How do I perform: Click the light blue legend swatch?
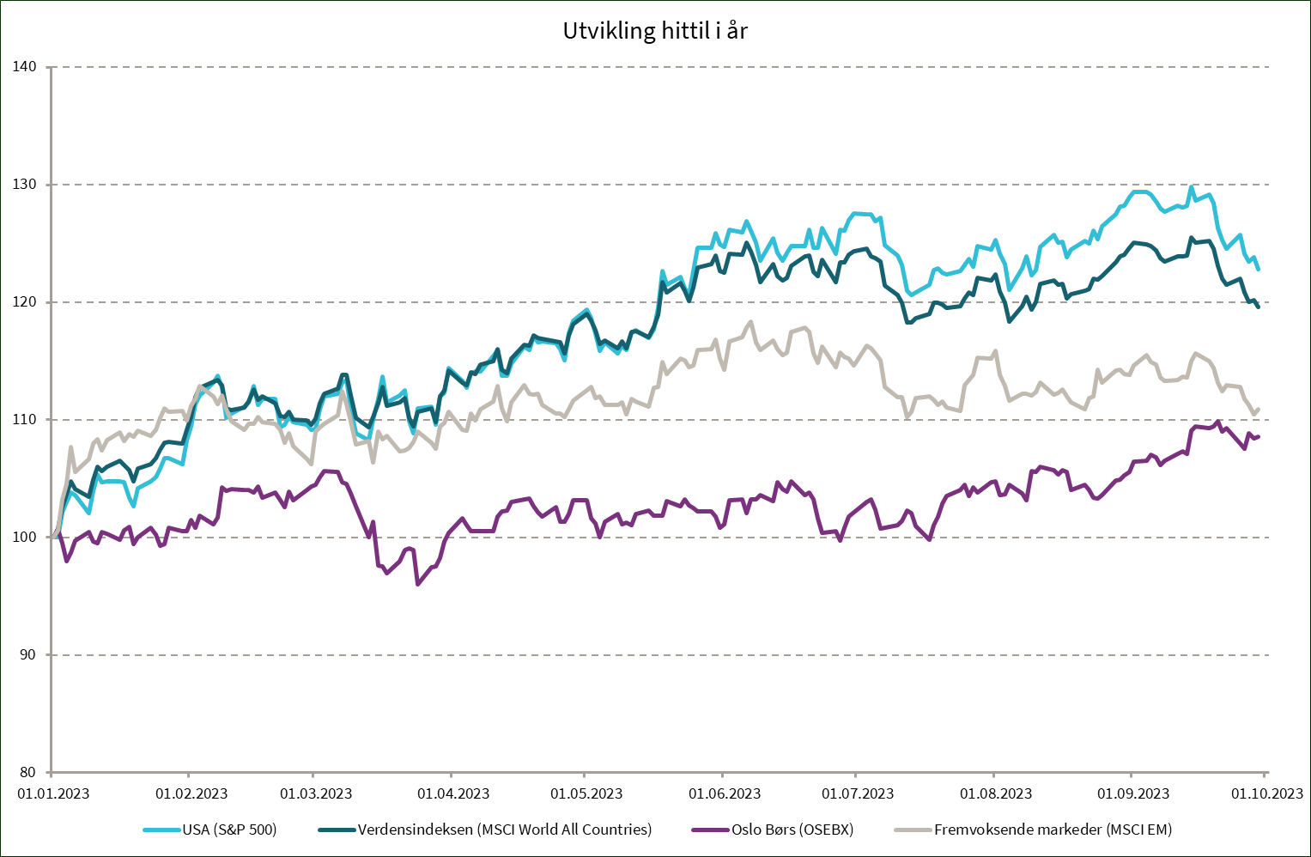coord(161,830)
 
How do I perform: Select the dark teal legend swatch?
coord(337,830)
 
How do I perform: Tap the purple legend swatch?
coord(710,830)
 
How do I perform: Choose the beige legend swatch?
coord(913,830)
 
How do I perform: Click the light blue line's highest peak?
coord(1192,187)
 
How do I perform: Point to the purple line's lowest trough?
coord(417,585)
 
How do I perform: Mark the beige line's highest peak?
coord(752,323)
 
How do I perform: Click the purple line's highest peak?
coord(1218,422)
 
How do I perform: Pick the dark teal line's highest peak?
coord(1192,237)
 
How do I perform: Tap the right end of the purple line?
coord(1259,437)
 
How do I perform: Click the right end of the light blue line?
coord(1259,270)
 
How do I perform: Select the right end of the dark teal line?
coord(1259,307)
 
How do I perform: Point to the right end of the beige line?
coord(1259,409)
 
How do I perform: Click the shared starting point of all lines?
coord(53,537)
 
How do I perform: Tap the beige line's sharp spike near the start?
coord(71,447)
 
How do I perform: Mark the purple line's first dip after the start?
coord(66,561)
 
